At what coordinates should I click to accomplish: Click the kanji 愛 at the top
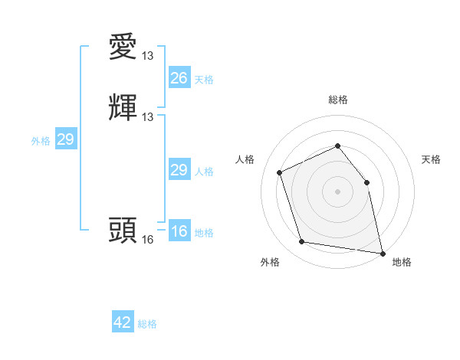(123, 47)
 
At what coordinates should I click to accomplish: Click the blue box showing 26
(179, 78)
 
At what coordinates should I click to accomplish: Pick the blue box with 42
(123, 322)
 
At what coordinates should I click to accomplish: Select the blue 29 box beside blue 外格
(65, 139)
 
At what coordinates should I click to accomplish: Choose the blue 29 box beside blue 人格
(179, 170)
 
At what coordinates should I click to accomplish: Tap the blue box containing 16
(179, 231)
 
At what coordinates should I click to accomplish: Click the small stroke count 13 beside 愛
(148, 56)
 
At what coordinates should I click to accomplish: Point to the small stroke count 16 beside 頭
(148, 240)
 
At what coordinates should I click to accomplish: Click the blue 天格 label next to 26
(204, 80)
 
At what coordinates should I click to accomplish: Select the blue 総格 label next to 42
(147, 324)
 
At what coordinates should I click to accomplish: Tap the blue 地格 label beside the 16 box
(204, 233)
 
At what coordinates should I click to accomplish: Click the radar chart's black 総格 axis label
(337, 100)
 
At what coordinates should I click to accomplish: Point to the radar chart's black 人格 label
(245, 159)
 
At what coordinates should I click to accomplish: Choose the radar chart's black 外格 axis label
(270, 262)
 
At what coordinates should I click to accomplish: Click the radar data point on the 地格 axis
(382, 252)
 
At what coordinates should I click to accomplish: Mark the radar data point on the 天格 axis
(366, 182)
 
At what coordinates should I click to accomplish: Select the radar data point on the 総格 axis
(337, 146)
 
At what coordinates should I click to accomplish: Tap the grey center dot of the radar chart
(337, 191)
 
